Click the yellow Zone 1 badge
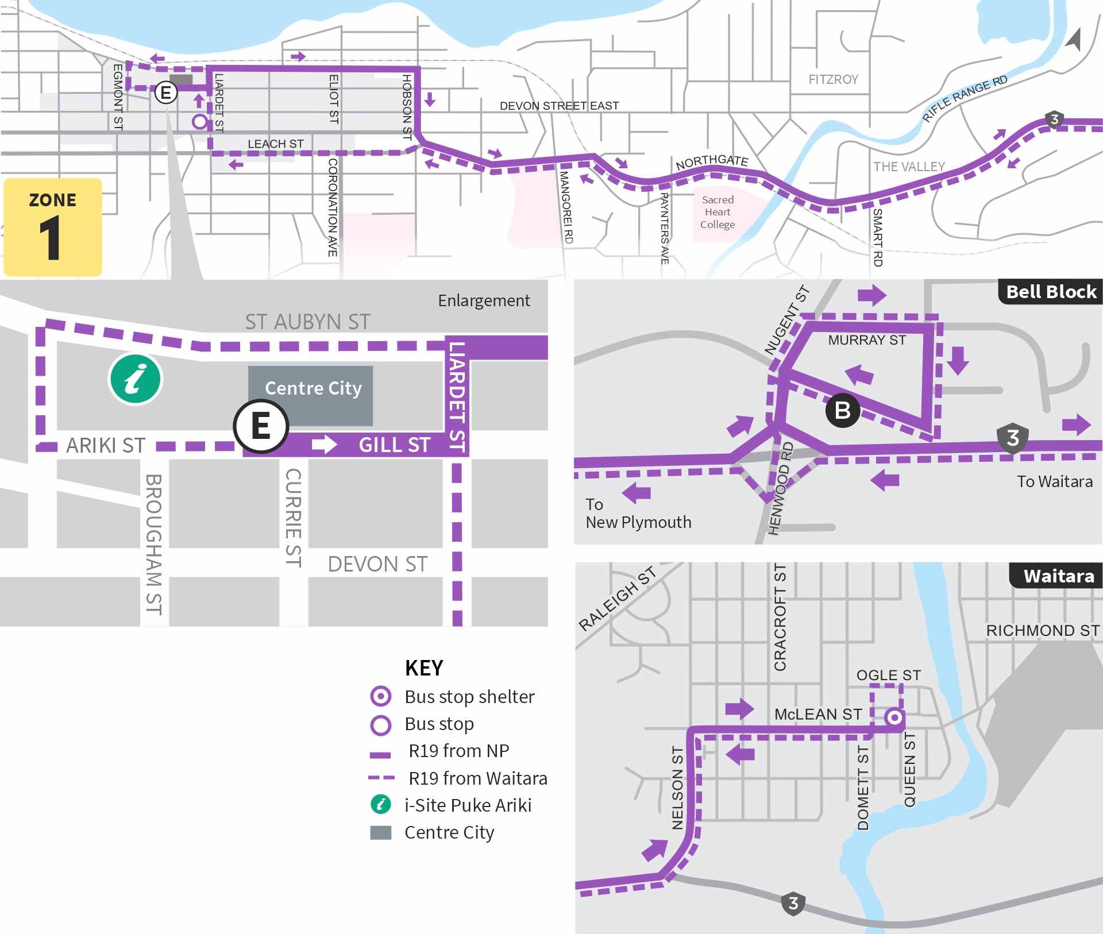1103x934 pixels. [53, 227]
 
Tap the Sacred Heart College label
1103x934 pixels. [718, 212]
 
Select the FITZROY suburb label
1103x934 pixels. [833, 79]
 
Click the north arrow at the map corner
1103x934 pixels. [1073, 40]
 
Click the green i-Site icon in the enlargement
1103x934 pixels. [136, 379]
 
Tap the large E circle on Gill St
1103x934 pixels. [261, 427]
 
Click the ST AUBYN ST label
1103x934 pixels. [307, 322]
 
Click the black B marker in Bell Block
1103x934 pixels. [842, 410]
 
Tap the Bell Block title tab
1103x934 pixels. [1051, 292]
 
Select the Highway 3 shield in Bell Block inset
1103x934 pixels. [1013, 438]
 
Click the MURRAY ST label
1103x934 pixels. [866, 340]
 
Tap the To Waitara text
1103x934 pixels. [1054, 481]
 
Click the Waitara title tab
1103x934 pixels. [1058, 576]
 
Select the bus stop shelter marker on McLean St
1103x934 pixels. [894, 717]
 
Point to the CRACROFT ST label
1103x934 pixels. [780, 617]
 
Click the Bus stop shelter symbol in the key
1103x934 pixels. [380, 696]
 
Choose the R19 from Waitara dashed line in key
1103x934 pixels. [381, 778]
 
